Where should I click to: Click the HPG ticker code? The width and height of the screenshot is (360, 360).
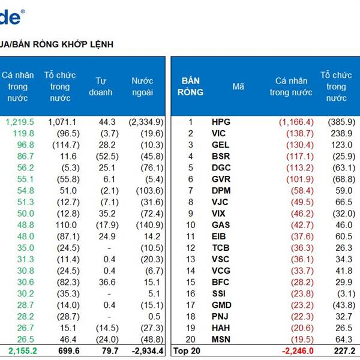point(221,122)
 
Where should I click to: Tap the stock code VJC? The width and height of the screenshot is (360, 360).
point(220,202)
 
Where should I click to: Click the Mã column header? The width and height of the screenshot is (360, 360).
point(238,86)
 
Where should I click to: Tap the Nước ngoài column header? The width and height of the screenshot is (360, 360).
point(142,86)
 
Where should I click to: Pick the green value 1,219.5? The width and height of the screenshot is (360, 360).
point(20,122)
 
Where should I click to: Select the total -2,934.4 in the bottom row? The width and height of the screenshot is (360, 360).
point(144,351)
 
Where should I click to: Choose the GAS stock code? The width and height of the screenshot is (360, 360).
point(220,225)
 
